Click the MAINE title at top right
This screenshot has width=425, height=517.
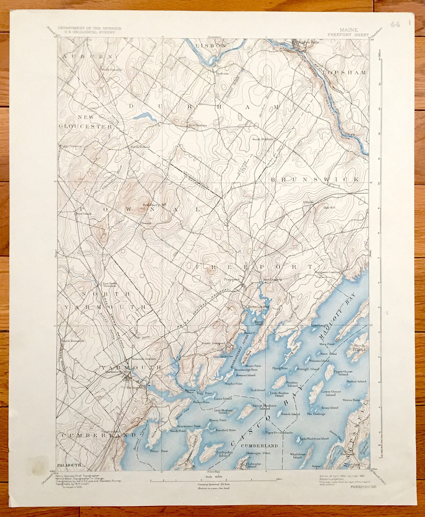[x=348, y=30]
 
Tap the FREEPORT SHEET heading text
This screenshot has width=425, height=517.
[x=348, y=35]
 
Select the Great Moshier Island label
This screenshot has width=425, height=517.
[x=265, y=407]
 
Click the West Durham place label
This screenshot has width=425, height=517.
[x=198, y=125]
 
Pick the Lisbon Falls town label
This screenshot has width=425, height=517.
[x=305, y=42]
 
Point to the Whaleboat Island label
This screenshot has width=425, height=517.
[x=297, y=456]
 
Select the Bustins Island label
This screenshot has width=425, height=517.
[x=292, y=384]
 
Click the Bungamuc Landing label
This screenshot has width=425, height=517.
[x=327, y=272]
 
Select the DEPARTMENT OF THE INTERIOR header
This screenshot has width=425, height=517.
[x=89, y=28]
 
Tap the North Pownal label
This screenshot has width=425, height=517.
[x=140, y=147]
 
